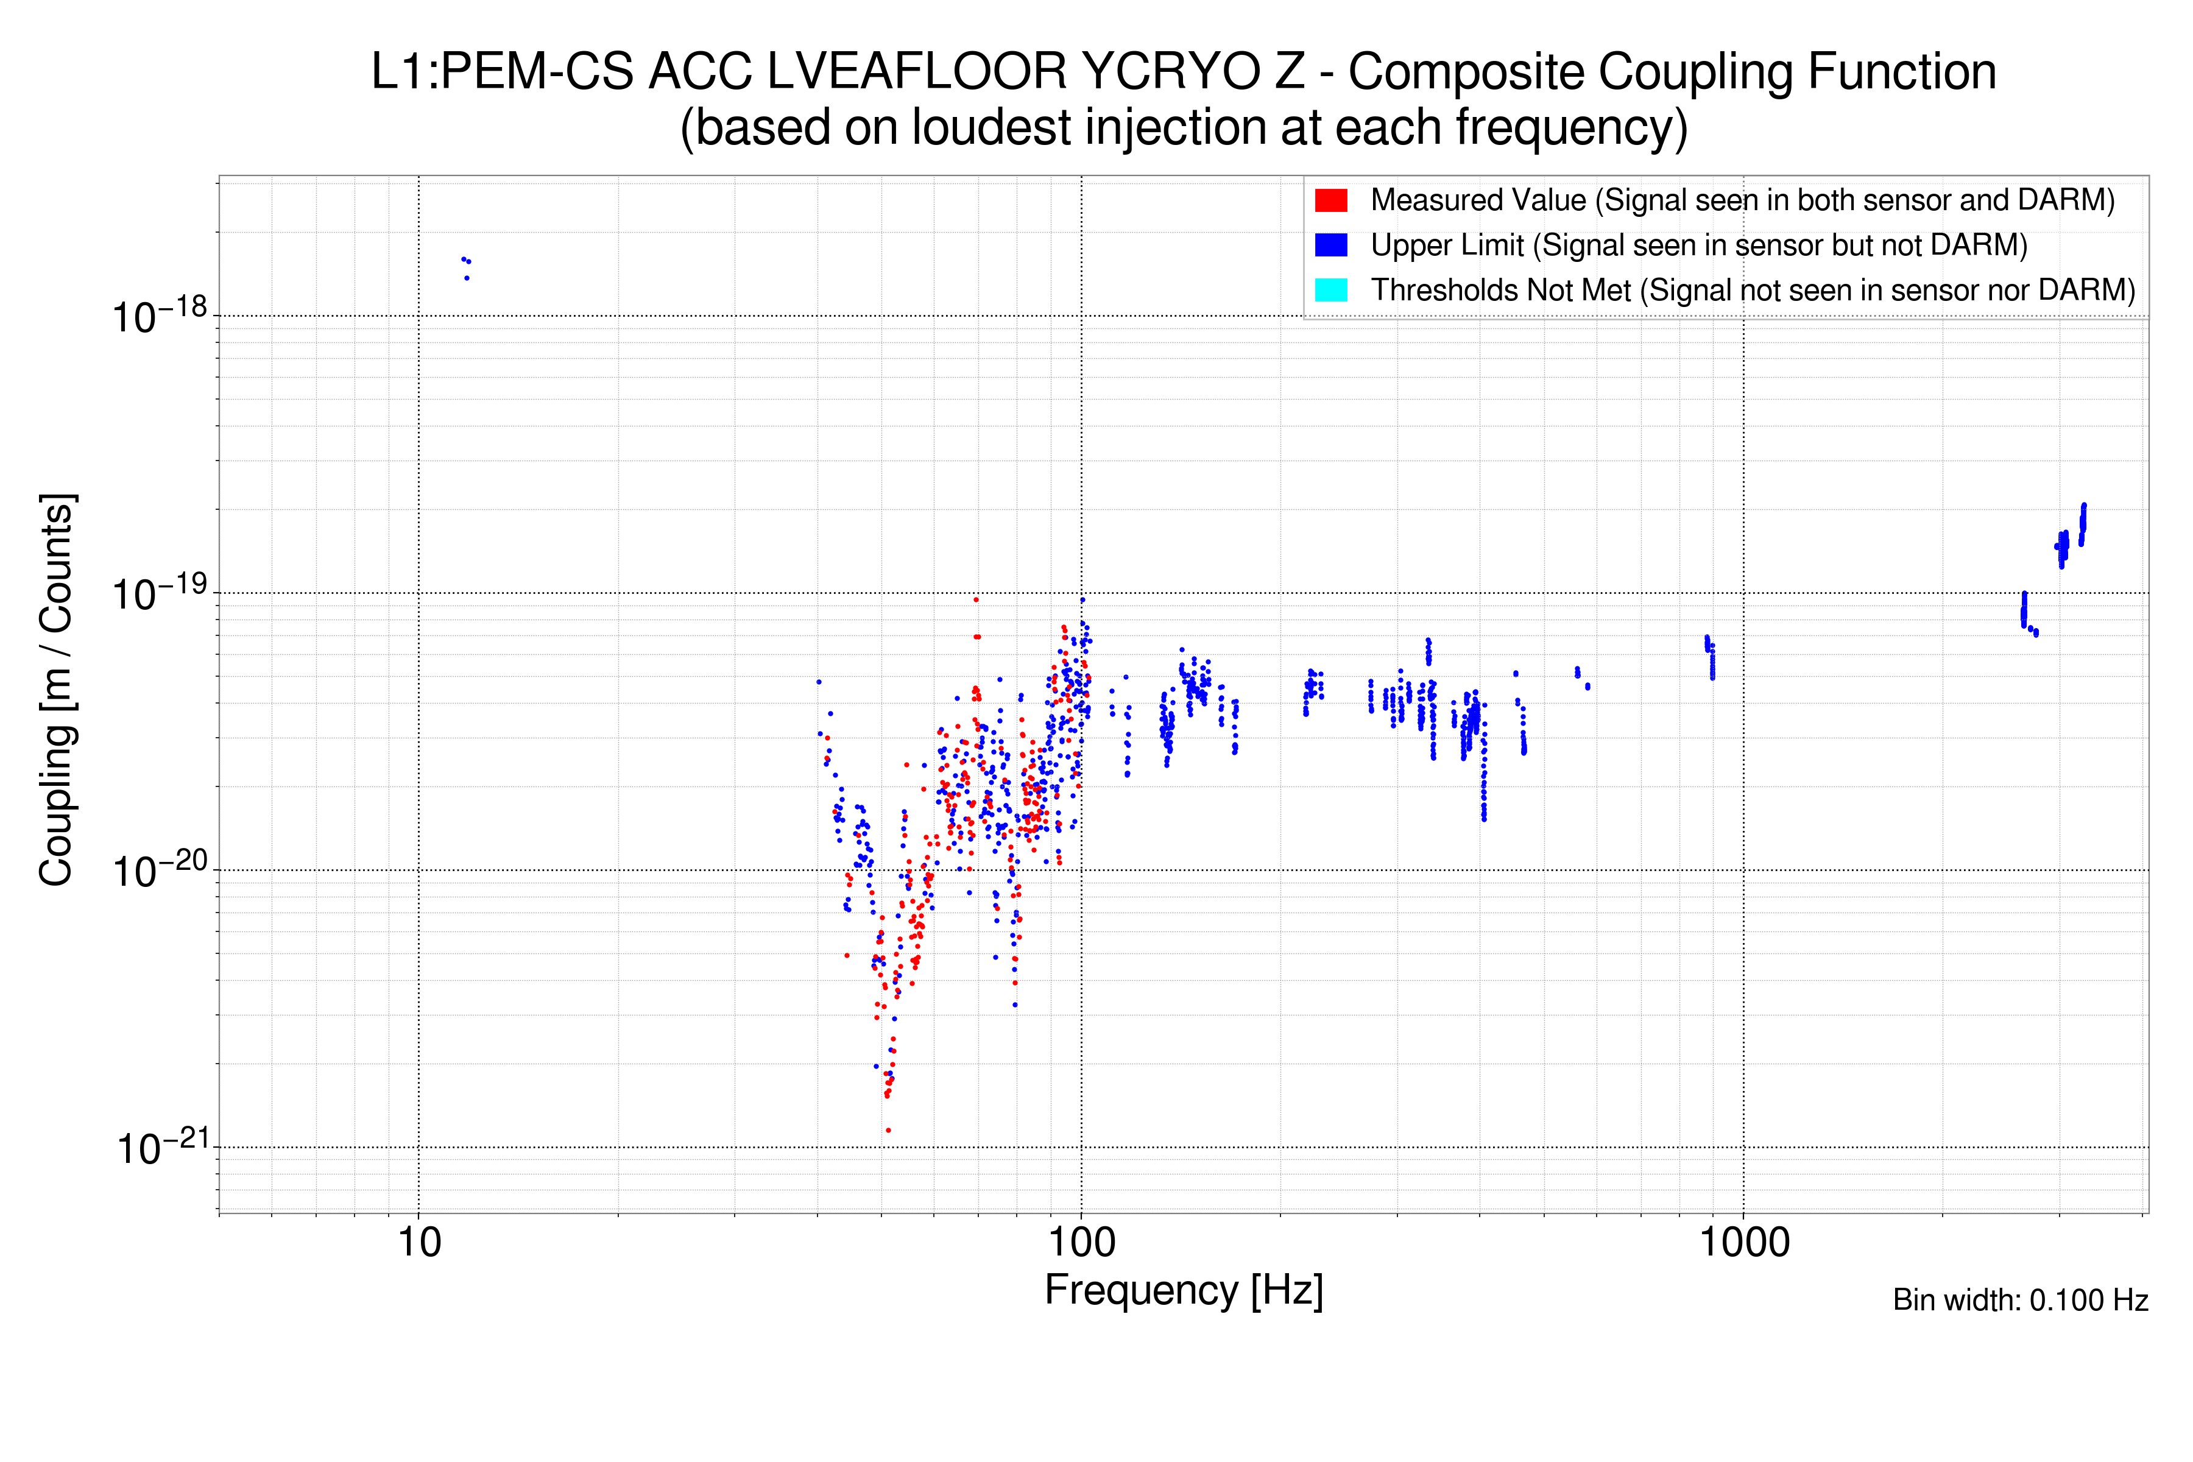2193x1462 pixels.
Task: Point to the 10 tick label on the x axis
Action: point(418,1243)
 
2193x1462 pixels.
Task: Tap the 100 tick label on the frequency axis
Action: point(1082,1243)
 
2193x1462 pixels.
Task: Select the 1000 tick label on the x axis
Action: point(1743,1243)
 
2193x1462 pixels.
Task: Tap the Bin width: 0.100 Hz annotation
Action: point(2019,1300)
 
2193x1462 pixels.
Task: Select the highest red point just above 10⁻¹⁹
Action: point(976,599)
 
